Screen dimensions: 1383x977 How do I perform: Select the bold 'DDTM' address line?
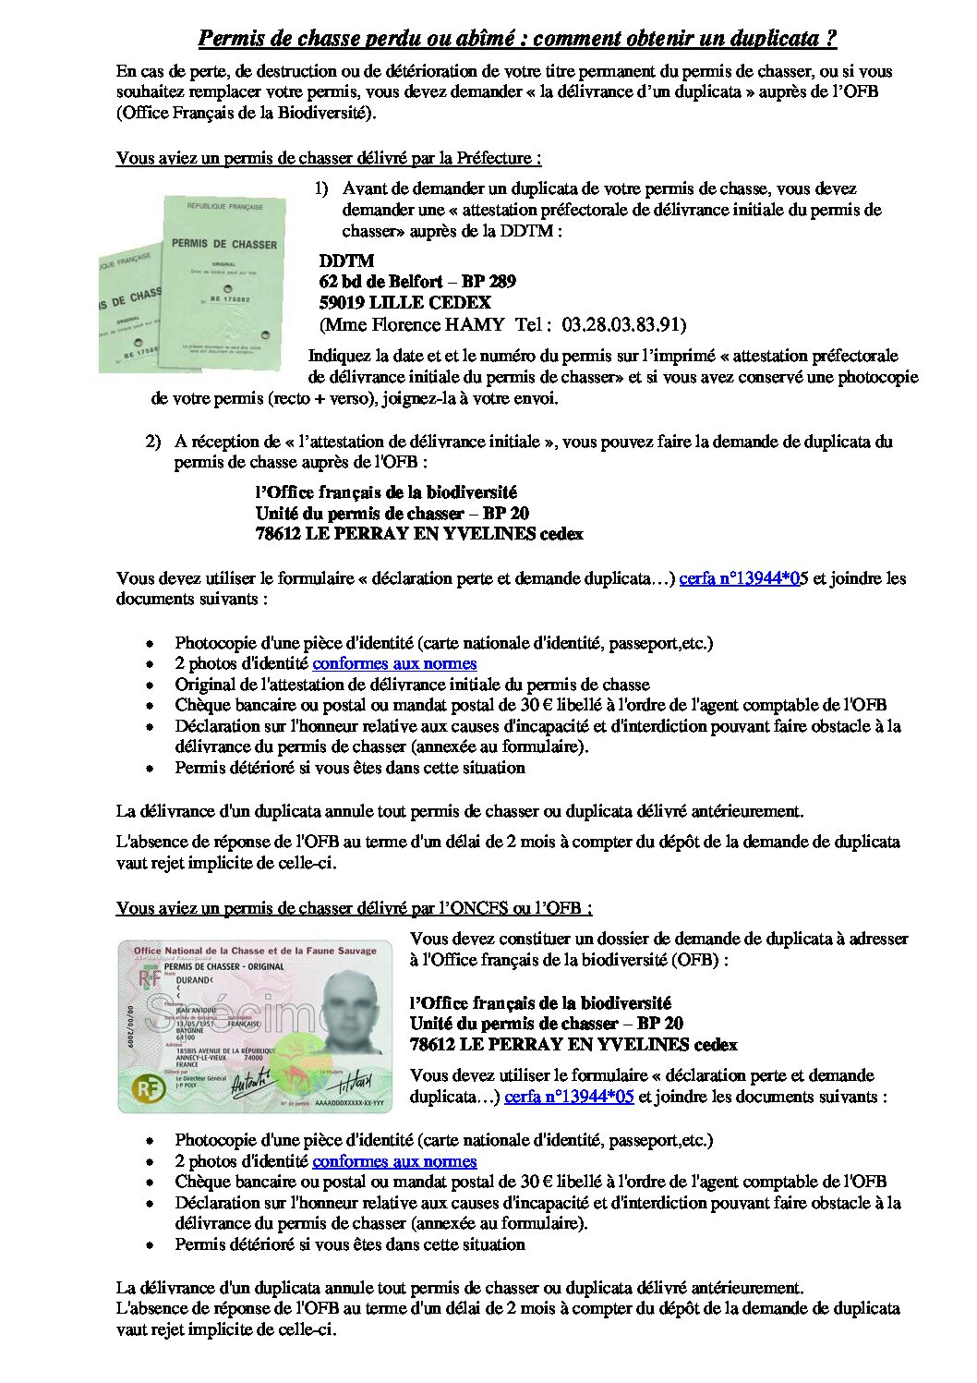(346, 261)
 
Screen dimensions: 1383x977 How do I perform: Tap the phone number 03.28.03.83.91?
(623, 324)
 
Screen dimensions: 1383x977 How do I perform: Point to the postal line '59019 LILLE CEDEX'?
(404, 302)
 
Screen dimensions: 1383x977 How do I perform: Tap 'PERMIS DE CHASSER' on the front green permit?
(223, 244)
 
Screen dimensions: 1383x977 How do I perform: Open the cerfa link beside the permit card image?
(569, 1097)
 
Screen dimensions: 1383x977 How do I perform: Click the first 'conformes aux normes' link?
(394, 663)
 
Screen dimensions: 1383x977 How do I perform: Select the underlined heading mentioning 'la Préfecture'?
(329, 158)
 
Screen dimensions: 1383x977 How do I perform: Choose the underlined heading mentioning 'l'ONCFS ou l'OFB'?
(354, 908)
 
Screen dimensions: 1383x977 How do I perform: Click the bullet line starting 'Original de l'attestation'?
(412, 685)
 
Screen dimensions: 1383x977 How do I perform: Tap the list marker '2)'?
(153, 442)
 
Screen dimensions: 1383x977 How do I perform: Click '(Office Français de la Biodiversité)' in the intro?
(247, 114)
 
